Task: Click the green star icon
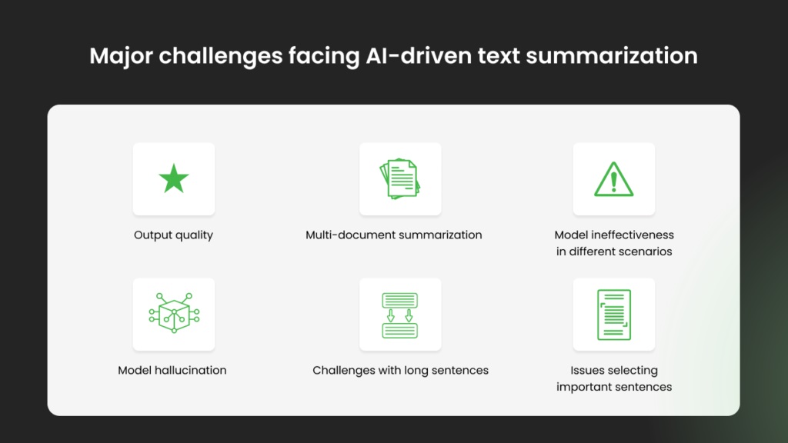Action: click(174, 178)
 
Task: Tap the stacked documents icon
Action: click(400, 178)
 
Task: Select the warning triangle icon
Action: click(613, 179)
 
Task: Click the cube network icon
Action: click(174, 313)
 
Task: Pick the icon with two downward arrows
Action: click(400, 315)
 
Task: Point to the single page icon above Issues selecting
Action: click(613, 315)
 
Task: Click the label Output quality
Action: click(173, 235)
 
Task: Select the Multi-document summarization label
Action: click(393, 235)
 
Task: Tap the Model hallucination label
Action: click(172, 370)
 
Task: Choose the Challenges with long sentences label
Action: click(400, 371)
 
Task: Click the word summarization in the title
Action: click(612, 55)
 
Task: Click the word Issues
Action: click(585, 370)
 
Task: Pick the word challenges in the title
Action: click(221, 56)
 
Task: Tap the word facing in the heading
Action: click(324, 56)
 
